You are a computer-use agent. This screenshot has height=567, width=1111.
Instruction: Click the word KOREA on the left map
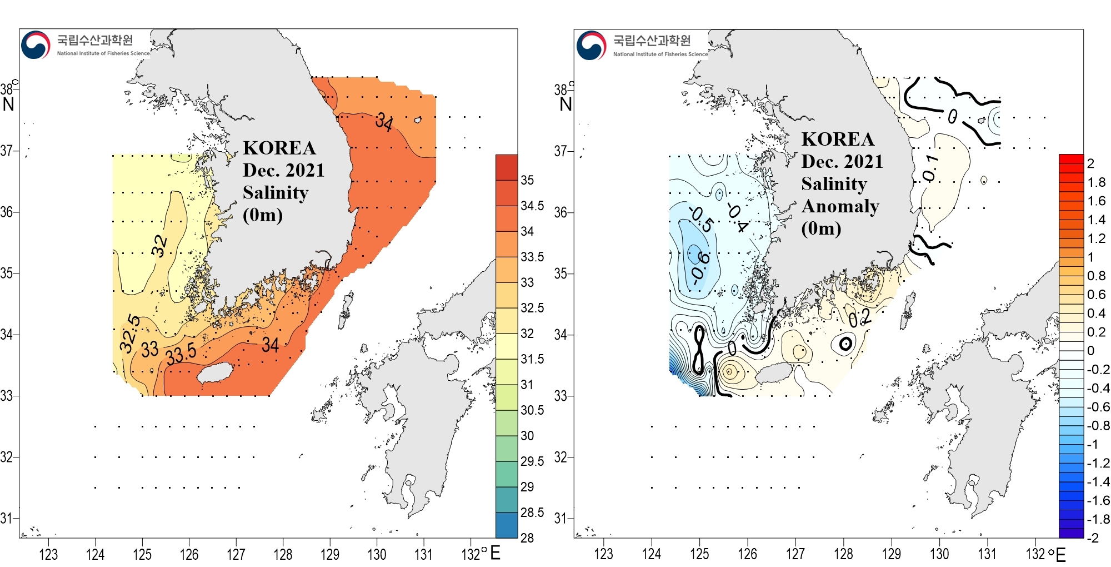(279, 148)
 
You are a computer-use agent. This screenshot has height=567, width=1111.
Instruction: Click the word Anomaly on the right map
(840, 206)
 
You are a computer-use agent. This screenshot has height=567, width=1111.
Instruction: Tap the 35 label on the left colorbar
(527, 180)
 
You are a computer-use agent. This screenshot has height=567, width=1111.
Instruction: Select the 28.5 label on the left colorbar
(532, 513)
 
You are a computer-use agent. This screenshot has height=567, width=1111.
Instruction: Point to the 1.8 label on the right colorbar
(1096, 182)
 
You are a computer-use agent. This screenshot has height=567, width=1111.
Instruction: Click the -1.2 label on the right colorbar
(1098, 463)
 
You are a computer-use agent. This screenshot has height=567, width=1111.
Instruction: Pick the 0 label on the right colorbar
(1090, 351)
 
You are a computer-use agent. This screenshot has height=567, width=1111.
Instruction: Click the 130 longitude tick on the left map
(377, 554)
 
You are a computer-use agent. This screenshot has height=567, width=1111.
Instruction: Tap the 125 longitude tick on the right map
(699, 554)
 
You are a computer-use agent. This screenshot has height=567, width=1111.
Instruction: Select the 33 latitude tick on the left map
(6, 396)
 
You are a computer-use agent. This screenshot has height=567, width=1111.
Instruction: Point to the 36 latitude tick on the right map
(560, 212)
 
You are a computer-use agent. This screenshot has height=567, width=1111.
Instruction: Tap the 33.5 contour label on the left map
(181, 354)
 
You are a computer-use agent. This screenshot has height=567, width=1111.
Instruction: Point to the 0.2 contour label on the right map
(859, 318)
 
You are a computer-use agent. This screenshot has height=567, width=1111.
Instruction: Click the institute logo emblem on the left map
(36, 45)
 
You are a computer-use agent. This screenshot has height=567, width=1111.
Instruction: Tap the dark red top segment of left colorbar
(506, 167)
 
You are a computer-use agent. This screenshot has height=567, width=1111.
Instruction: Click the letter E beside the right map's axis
(1060, 555)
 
